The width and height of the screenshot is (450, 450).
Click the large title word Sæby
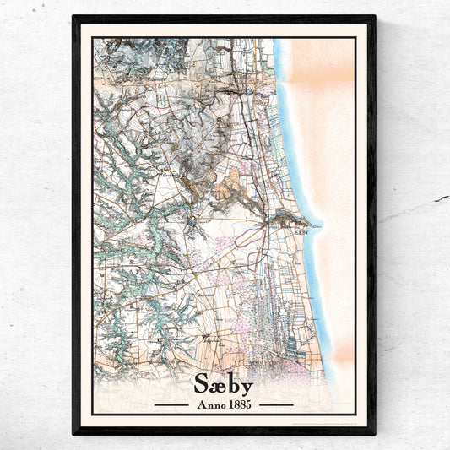pyautogui.click(x=224, y=383)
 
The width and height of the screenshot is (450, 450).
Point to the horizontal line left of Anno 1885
pyautogui.click(x=171, y=404)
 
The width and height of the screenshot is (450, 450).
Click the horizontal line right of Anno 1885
pyautogui.click(x=276, y=404)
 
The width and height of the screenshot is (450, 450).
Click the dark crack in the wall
pyautogui.click(x=440, y=199)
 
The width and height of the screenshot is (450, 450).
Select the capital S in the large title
pyautogui.click(x=203, y=383)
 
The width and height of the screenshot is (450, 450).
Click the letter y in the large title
pyautogui.click(x=246, y=387)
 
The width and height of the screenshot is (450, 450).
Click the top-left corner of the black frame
pyautogui.click(x=74, y=17)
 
